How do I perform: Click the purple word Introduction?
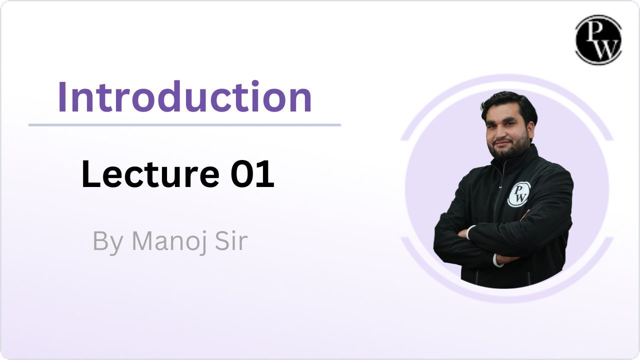[184, 96]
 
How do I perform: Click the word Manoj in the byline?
[169, 242]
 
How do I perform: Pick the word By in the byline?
[108, 242]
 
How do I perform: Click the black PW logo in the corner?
[598, 39]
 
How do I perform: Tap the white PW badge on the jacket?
[519, 194]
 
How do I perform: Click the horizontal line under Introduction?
[184, 125]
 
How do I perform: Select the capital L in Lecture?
[90, 174]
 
